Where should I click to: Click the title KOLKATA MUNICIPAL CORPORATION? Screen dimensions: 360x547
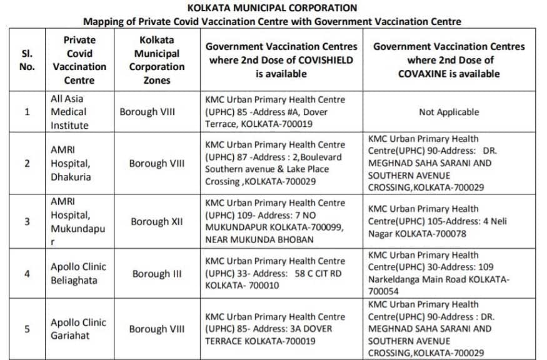[273, 8]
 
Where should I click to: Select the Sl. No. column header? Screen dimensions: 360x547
[27, 59]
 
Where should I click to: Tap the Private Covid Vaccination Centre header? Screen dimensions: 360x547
[79, 59]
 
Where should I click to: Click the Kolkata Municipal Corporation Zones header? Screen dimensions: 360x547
[156, 59]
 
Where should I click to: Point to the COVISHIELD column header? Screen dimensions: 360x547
[281, 59]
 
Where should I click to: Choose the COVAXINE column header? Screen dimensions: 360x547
[449, 59]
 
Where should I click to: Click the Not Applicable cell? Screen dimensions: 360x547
[449, 112]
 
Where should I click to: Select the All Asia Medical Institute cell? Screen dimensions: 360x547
[71, 112]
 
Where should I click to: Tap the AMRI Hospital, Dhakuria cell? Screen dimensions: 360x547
[71, 163]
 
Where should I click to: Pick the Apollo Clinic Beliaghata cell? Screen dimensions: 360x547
[78, 274]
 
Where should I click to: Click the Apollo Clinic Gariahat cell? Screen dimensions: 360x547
[78, 329]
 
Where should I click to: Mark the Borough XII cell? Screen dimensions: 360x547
[156, 222]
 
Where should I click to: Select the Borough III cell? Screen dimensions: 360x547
[156, 274]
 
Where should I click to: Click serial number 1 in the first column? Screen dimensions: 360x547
[27, 112]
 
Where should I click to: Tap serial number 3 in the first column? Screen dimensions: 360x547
[27, 222]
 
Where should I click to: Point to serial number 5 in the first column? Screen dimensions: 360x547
[27, 329]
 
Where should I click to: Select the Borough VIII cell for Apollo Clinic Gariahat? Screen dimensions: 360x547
[156, 329]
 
